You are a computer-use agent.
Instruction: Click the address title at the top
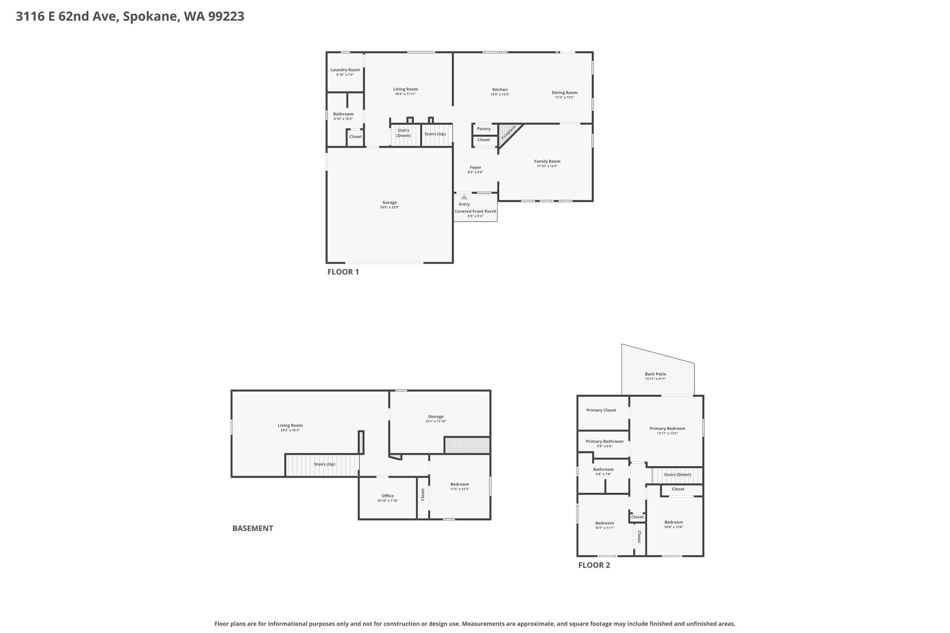[130, 17]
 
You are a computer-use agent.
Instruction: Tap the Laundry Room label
[345, 70]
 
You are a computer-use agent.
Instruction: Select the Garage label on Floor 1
[390, 203]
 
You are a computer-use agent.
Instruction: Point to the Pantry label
[484, 129]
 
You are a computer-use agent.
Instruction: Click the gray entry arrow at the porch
[464, 197]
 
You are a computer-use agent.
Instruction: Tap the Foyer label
[475, 167]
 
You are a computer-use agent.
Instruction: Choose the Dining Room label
[565, 93]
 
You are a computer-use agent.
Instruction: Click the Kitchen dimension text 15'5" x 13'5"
[500, 95]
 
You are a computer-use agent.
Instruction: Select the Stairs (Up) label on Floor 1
[435, 134]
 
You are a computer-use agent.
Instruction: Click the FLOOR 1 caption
[343, 272]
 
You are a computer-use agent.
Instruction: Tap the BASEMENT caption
[253, 528]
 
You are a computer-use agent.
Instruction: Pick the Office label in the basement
[388, 496]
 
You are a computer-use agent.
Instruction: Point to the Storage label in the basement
[436, 416]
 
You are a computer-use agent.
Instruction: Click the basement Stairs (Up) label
[324, 464]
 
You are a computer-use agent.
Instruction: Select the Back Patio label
[655, 374]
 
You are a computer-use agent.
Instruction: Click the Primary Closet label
[601, 410]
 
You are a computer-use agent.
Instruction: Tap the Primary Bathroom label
[605, 441]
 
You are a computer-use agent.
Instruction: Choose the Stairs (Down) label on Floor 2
[678, 474]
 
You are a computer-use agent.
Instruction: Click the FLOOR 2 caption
[594, 565]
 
